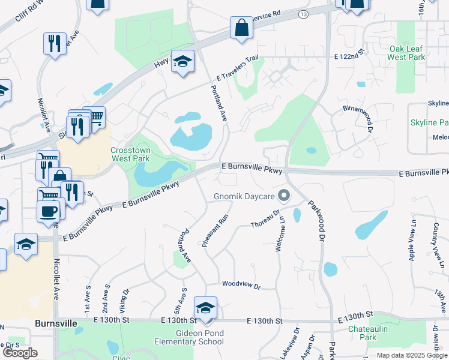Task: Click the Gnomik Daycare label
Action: pos(244,197)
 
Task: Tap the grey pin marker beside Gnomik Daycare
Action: pos(285,196)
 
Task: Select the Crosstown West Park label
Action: pos(130,155)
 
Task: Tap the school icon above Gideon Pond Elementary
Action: pos(205,308)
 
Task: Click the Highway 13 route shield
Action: pos(304,14)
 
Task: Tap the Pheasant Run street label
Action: pos(215,228)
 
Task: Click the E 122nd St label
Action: pos(349,56)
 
